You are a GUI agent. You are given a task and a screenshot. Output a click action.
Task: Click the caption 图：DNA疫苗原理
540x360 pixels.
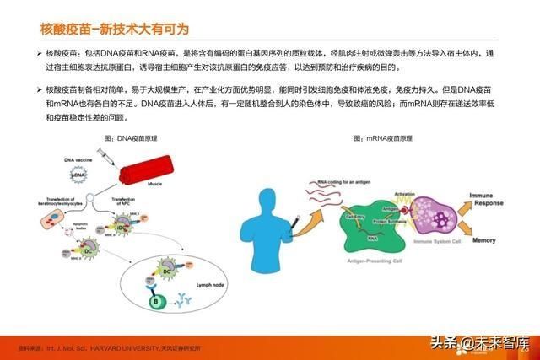[x=132, y=137]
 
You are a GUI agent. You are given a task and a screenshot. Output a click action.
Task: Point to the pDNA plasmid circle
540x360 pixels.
[x=79, y=175]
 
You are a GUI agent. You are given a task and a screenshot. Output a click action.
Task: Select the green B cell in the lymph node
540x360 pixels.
[x=156, y=298]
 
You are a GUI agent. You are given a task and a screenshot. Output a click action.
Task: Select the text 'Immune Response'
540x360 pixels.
[x=489, y=199]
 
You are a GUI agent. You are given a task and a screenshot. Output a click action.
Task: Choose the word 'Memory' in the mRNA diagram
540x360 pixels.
[x=484, y=240]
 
